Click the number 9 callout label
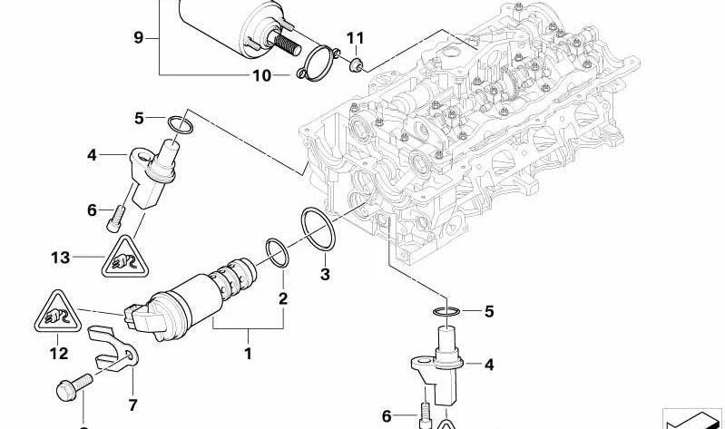click(138, 37)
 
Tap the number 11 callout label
click(355, 38)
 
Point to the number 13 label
click(60, 258)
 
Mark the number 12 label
click(58, 353)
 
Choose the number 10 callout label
click(261, 75)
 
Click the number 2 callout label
click(282, 298)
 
